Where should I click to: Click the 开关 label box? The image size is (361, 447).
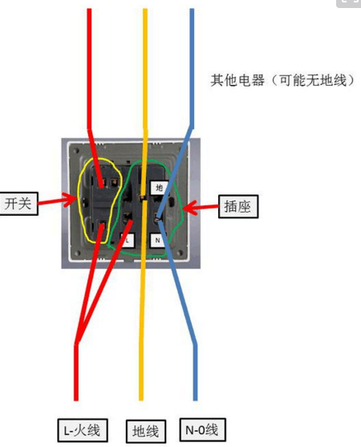click(x=18, y=204)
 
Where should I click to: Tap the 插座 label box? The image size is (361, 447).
click(x=238, y=206)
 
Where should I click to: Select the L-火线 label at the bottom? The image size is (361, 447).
click(x=83, y=430)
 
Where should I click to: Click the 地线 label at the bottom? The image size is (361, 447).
click(x=146, y=431)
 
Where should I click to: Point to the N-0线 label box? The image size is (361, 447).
click(x=203, y=429)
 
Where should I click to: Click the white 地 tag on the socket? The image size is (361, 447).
click(x=159, y=188)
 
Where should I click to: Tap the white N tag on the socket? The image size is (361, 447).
click(x=157, y=240)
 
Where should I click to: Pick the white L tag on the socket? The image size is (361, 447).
click(x=128, y=240)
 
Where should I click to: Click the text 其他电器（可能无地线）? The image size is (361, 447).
click(x=282, y=80)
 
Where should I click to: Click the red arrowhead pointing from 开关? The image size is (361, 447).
click(x=70, y=199)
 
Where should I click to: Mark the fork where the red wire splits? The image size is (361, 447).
click(x=77, y=342)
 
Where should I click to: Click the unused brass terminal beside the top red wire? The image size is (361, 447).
click(x=114, y=181)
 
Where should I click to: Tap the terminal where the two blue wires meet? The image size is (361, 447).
click(x=157, y=217)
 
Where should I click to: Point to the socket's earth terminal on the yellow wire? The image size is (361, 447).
click(x=142, y=197)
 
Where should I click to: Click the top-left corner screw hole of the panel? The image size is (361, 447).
click(x=76, y=152)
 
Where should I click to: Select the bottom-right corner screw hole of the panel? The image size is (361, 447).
click(x=180, y=253)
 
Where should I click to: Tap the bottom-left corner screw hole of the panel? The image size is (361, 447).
click(x=77, y=253)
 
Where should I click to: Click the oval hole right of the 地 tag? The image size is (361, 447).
click(x=172, y=202)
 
